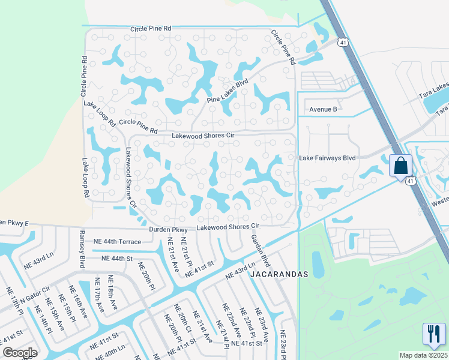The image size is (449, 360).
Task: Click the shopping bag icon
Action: [x=400, y=165]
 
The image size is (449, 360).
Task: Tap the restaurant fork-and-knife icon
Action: [x=432, y=334]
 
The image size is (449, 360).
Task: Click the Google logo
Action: [x=20, y=353]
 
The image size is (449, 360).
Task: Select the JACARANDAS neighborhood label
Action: [x=279, y=274]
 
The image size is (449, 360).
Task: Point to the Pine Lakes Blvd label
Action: [x=228, y=92]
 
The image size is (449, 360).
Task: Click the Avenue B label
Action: [x=324, y=109]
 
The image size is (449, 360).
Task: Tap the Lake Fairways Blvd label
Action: [x=328, y=158]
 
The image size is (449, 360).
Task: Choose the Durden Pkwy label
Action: [x=172, y=229]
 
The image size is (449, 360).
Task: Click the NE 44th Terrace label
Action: [x=117, y=242]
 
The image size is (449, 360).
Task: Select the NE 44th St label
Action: [x=116, y=258]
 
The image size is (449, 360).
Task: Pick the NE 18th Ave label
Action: [x=110, y=290]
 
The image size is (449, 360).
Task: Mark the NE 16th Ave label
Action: [x=81, y=304]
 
